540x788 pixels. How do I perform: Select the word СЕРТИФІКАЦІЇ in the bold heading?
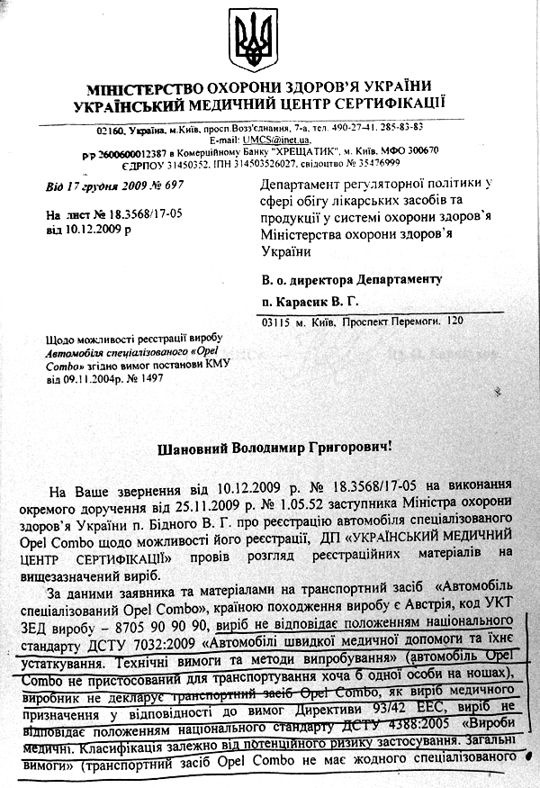tap(377, 104)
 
